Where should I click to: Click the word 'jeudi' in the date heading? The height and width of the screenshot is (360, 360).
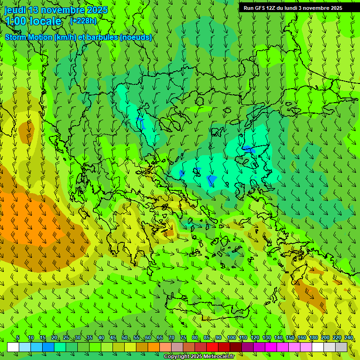point(15,10)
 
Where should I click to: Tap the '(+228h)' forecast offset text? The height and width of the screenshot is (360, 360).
point(83,21)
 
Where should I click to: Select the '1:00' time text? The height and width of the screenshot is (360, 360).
point(15,21)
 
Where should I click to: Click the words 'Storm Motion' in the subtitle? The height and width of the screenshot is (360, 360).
point(29,37)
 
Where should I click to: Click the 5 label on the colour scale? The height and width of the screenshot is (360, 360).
point(18,338)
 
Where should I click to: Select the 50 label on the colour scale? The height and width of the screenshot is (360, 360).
point(125,338)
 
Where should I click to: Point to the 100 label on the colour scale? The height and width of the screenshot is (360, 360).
point(232,338)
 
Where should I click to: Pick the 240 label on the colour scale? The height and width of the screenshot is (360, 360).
point(349,338)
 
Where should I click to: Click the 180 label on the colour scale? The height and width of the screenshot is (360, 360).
point(314,338)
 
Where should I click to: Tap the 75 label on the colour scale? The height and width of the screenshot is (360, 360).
point(183,338)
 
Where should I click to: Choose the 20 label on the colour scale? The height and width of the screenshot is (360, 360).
point(54,338)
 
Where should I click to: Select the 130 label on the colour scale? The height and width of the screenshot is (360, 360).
point(267,338)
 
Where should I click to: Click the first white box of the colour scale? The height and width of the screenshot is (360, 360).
point(13,347)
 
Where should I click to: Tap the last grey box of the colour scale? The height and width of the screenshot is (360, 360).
point(341,347)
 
